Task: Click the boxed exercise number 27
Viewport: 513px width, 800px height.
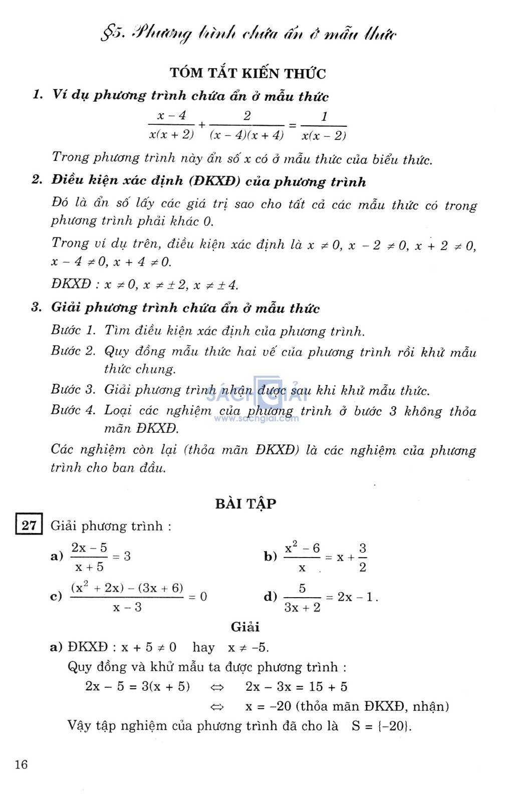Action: click(x=29, y=525)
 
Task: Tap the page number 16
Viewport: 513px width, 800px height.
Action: click(x=22, y=764)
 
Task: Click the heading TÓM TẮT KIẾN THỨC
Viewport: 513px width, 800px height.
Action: click(x=247, y=73)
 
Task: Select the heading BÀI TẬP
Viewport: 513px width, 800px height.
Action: click(x=245, y=503)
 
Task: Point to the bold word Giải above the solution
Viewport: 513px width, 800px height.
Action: click(x=245, y=627)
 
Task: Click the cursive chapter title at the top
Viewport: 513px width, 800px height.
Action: click(x=248, y=34)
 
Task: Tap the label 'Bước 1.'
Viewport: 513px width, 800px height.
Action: click(x=73, y=331)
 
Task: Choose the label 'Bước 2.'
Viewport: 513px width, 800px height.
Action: click(x=73, y=351)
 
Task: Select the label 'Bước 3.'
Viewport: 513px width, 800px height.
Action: click(x=73, y=390)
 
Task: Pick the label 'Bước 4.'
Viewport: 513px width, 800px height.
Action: click(x=73, y=410)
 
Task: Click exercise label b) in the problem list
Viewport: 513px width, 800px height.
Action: click(x=271, y=557)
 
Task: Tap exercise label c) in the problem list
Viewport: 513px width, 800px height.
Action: click(x=56, y=596)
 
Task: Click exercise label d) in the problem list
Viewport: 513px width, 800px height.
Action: click(x=271, y=596)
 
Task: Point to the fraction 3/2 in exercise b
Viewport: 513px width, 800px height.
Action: click(x=362, y=558)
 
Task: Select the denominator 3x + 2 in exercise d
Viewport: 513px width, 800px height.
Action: click(x=302, y=608)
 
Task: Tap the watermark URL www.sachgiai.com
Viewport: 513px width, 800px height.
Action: click(x=256, y=418)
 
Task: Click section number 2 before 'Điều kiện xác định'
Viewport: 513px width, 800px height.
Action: click(x=37, y=180)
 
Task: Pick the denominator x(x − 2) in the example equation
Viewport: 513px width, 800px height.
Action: click(x=324, y=136)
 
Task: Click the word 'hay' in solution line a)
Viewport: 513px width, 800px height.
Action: click(x=203, y=647)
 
